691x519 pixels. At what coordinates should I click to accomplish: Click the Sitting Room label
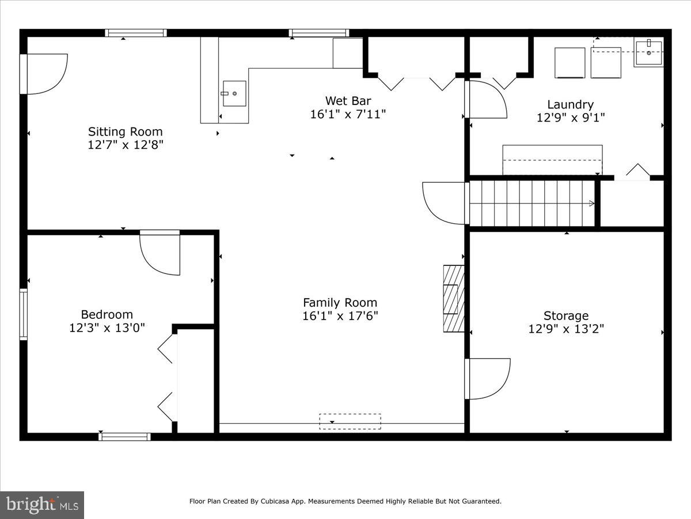125,131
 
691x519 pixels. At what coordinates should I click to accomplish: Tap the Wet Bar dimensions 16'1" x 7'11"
348,114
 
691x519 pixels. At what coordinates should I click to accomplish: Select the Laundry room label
570,104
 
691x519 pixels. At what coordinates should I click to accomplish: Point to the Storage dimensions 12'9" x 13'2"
566,329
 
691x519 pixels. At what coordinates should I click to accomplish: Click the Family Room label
340,302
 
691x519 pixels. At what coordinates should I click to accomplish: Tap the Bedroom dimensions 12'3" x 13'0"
107,328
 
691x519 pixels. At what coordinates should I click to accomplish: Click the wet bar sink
234,93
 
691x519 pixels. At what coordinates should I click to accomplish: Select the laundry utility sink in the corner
648,52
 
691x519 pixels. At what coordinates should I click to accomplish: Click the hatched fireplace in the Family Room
453,298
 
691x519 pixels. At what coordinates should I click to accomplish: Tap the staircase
531,203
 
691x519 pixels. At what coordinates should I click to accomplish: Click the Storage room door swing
487,379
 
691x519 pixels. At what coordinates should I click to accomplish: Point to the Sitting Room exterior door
45,73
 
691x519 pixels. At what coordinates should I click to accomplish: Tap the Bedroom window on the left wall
24,314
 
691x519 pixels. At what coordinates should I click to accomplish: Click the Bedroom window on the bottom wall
124,437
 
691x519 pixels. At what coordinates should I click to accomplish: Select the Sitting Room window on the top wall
136,33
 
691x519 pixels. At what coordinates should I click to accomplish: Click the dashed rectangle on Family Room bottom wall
350,422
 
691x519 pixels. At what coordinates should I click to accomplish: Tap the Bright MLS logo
42,505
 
